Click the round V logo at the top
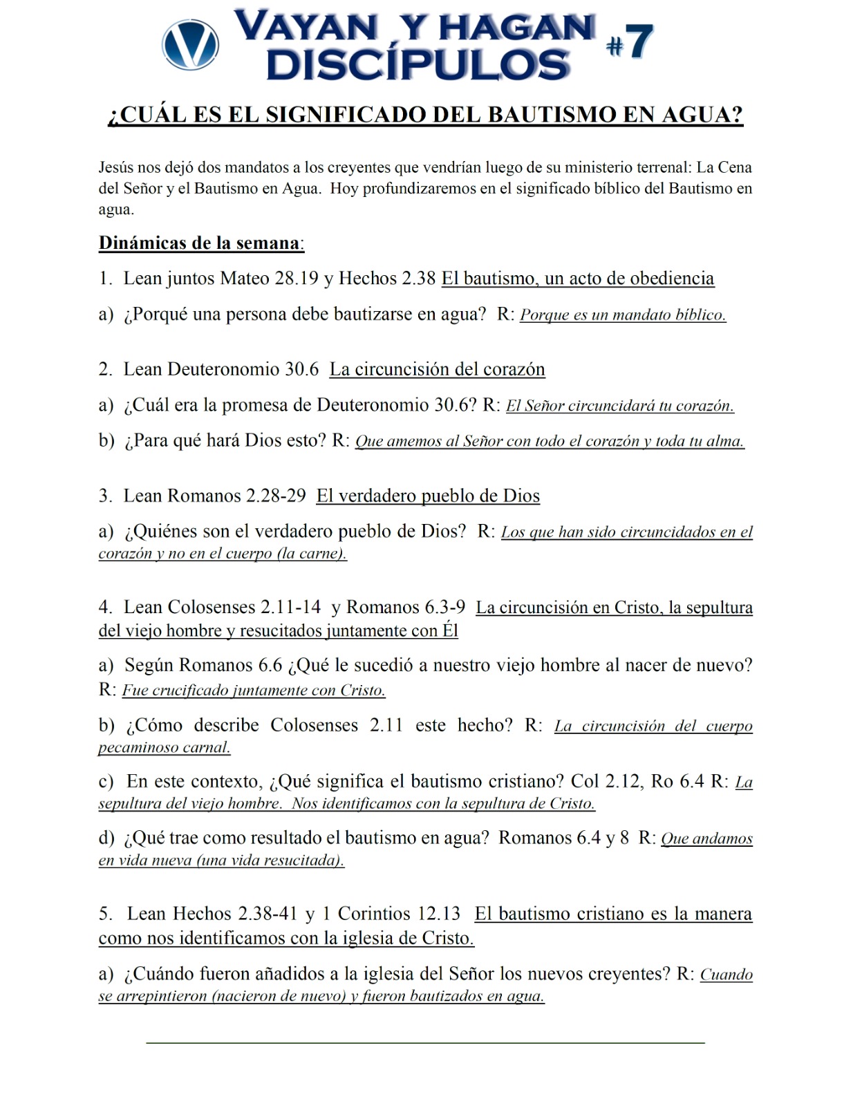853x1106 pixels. tap(190, 45)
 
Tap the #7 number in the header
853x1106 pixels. tap(630, 42)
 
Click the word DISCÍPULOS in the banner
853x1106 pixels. tap(418, 66)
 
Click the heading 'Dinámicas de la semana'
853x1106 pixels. tap(200, 243)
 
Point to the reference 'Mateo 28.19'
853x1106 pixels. tap(269, 279)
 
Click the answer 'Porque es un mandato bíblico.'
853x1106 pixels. tap(623, 315)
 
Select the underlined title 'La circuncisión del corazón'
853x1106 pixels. tap(437, 370)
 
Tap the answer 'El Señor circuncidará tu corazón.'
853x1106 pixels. tap(619, 406)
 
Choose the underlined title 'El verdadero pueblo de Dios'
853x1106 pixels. tap(428, 496)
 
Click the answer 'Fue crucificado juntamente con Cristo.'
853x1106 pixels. tap(254, 691)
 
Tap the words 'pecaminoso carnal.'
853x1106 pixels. tap(165, 748)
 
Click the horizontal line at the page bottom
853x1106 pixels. tap(425, 1042)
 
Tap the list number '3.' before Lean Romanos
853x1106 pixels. tap(105, 496)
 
